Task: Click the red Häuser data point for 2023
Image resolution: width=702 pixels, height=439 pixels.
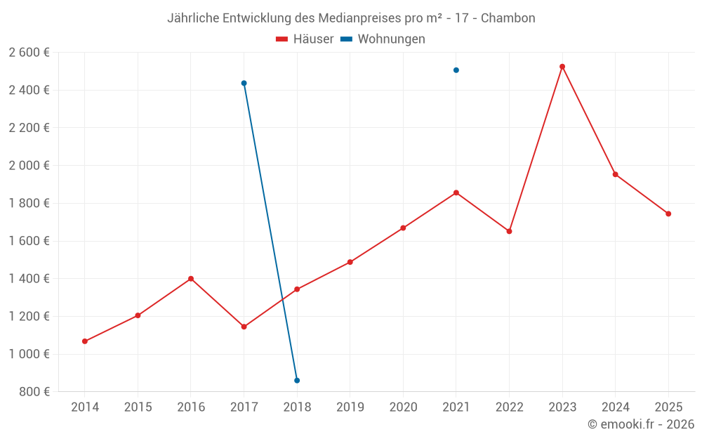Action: [x=562, y=67]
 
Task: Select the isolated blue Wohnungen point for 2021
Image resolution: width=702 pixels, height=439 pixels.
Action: [x=456, y=70]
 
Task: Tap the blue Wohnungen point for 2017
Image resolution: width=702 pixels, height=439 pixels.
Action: [x=244, y=83]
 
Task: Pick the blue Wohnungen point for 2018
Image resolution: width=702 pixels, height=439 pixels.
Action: [x=297, y=381]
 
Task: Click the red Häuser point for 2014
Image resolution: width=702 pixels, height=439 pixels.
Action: [x=85, y=341]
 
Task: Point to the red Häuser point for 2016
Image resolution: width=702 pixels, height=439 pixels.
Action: [x=191, y=279]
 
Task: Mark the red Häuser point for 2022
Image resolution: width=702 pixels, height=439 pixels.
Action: [x=509, y=231]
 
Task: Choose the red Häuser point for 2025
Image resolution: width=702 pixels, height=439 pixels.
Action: [x=668, y=214]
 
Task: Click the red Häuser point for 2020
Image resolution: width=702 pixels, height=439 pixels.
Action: [x=403, y=228]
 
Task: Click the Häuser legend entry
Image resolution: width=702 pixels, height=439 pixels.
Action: [x=305, y=39]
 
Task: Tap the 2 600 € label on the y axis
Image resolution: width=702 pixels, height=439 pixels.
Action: [x=29, y=52]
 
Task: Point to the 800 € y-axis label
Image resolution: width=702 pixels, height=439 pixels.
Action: [x=34, y=391]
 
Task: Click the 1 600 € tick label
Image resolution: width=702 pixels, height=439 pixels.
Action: [x=29, y=241]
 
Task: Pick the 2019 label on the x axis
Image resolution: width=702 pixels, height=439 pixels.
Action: [x=350, y=407]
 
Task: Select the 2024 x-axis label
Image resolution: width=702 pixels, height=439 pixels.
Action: [x=615, y=407]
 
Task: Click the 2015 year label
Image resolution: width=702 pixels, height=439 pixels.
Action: [x=138, y=407]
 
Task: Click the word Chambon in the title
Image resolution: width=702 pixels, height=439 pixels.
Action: [x=508, y=18]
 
